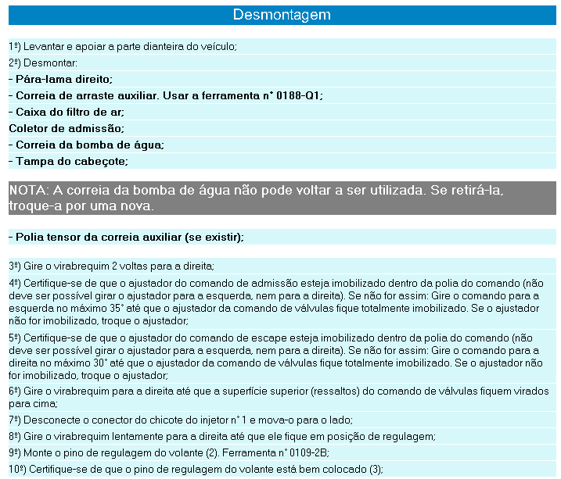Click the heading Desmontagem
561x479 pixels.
282,15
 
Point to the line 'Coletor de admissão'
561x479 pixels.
67,128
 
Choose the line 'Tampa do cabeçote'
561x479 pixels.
71,161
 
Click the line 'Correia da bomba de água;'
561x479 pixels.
86,145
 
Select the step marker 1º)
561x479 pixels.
15,46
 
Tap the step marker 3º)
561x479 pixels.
15,266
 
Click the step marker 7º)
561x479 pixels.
15,420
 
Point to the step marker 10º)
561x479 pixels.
17,470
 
